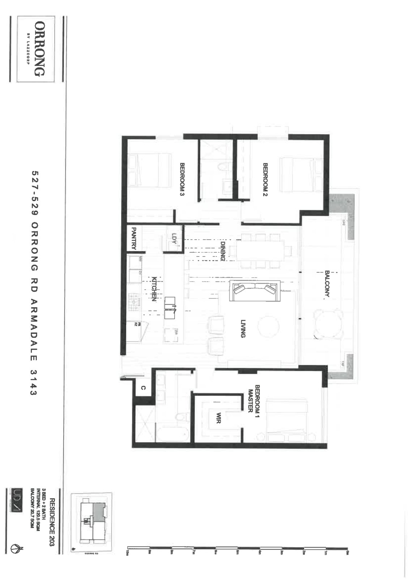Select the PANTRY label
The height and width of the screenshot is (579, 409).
coord(133,238)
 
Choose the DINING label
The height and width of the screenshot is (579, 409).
coord(223,250)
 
